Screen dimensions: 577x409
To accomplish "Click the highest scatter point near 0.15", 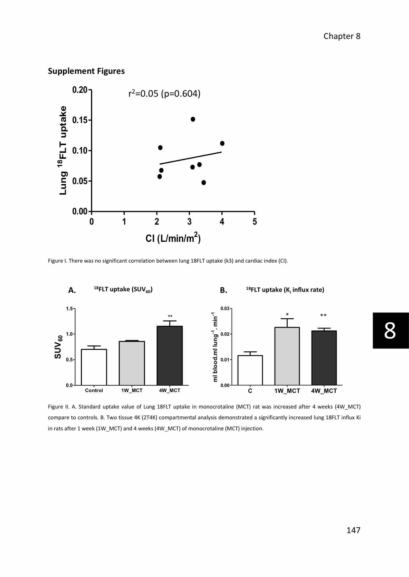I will [x=193, y=119].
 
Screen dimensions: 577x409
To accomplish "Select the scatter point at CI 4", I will [x=222, y=143].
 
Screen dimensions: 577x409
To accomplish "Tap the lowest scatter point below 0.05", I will [x=204, y=183].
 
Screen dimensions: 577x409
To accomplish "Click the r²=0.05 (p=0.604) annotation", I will [x=164, y=94].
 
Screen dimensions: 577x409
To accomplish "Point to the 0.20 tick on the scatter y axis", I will [x=80, y=90].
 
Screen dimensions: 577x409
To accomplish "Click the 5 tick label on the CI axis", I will [x=255, y=222].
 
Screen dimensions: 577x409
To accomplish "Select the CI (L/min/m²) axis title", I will [x=173, y=238].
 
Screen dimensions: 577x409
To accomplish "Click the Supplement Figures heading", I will [x=86, y=71].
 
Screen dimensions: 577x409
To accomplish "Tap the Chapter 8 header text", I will [x=342, y=36].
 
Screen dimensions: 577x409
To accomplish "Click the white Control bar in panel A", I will [x=94, y=367].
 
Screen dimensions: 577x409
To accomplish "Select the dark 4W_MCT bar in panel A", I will [x=170, y=355].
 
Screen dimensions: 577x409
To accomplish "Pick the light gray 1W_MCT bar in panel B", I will [x=287, y=356].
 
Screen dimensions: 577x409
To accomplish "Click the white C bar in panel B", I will [x=250, y=370].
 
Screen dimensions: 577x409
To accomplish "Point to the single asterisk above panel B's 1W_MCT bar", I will [x=287, y=314].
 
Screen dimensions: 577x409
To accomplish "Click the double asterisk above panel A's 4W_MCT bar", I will [x=170, y=316].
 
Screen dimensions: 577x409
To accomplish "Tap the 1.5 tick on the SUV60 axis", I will [x=69, y=309].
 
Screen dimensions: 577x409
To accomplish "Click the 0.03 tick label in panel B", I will [x=225, y=309].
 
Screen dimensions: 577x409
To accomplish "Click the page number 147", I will [x=353, y=530].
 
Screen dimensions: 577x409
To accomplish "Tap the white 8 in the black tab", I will [x=390, y=331].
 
